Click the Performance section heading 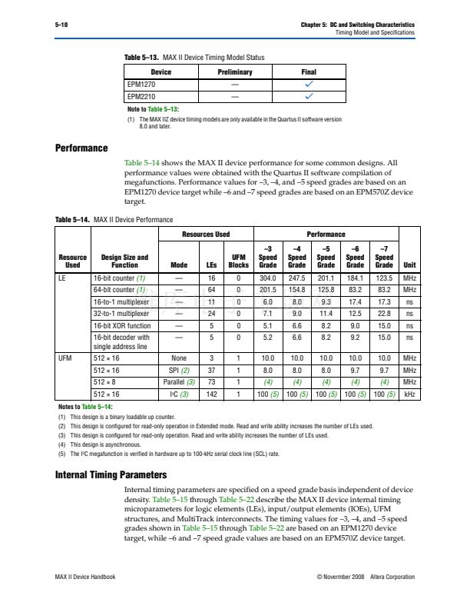click(x=81, y=147)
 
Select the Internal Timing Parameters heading click(x=111, y=474)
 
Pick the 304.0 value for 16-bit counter click(x=267, y=278)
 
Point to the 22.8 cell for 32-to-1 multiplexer click(x=384, y=314)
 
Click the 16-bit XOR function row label click(x=121, y=325)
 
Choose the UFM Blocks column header click(x=238, y=261)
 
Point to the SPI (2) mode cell click(x=179, y=370)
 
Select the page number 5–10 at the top click(x=62, y=25)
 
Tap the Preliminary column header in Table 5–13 click(x=233, y=72)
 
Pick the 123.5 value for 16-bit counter click(x=384, y=278)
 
